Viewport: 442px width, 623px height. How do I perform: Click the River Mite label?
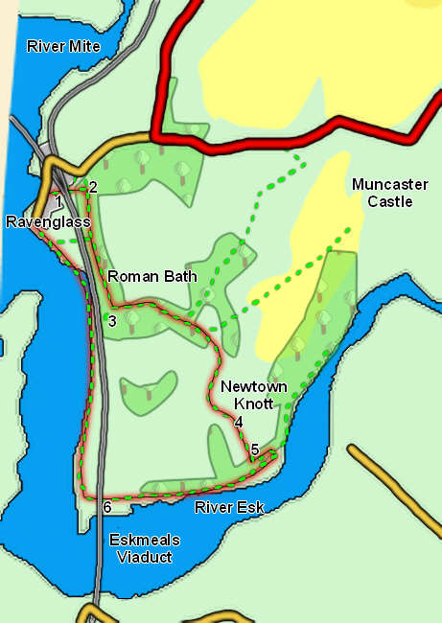63,45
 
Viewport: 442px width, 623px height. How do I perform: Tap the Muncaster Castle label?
382,193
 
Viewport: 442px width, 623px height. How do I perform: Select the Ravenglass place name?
47,221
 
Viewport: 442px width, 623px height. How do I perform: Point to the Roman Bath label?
151,276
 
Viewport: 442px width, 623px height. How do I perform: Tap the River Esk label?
228,507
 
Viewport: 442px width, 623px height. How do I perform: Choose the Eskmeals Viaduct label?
144,547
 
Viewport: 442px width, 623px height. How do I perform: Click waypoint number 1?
58,201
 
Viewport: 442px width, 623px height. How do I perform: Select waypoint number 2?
92,188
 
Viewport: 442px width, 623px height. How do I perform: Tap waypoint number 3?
112,321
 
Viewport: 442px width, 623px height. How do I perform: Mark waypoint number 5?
254,450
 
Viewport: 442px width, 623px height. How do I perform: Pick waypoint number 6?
107,506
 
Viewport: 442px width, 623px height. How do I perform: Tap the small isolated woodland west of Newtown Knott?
149,387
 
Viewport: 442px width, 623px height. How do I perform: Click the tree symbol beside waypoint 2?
122,184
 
